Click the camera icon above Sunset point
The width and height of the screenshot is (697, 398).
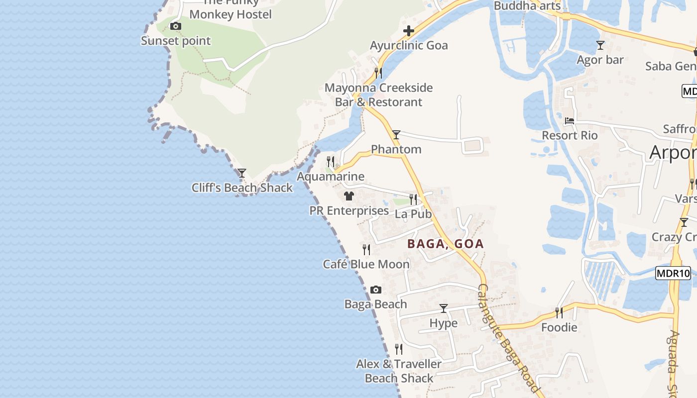(x=175, y=26)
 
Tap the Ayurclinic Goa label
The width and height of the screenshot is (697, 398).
(x=409, y=45)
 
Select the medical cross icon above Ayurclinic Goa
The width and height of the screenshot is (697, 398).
(x=409, y=31)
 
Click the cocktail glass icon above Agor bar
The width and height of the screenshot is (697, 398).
(x=600, y=45)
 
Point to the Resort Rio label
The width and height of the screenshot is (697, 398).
(x=570, y=135)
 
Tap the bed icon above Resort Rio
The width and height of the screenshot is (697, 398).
(x=570, y=121)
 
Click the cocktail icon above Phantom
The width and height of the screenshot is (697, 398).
(x=396, y=134)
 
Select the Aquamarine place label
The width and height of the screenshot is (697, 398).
(x=331, y=177)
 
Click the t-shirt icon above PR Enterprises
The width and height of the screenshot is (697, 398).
(x=349, y=196)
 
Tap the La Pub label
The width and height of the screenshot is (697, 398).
(x=413, y=214)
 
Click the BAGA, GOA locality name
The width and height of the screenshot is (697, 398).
(x=446, y=244)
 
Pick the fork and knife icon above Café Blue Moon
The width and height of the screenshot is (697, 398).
(x=366, y=249)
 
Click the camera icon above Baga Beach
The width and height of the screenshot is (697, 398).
(x=376, y=290)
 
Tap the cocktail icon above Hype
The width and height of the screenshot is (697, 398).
(x=444, y=308)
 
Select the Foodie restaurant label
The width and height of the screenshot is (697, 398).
(x=559, y=327)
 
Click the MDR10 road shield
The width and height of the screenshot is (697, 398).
(x=673, y=273)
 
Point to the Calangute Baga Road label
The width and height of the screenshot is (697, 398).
(x=508, y=338)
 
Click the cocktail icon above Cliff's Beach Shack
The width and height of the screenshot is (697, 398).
(x=242, y=173)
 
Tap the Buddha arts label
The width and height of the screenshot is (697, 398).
(x=527, y=6)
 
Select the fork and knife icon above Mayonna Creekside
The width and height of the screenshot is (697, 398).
(x=378, y=73)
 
